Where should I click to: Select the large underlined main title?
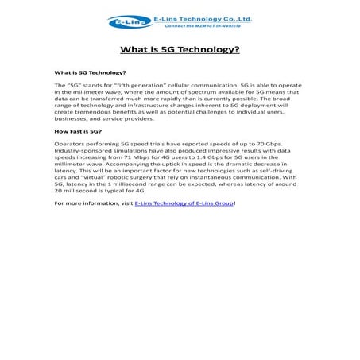click(x=180, y=49)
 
